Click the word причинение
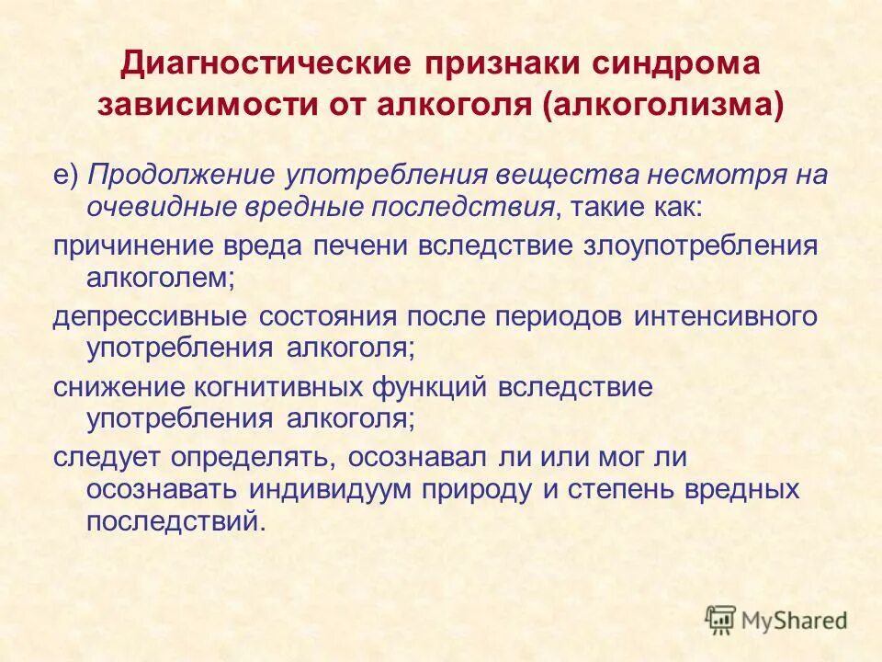pyautogui.click(x=134, y=245)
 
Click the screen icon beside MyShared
pyautogui.click(x=721, y=619)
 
